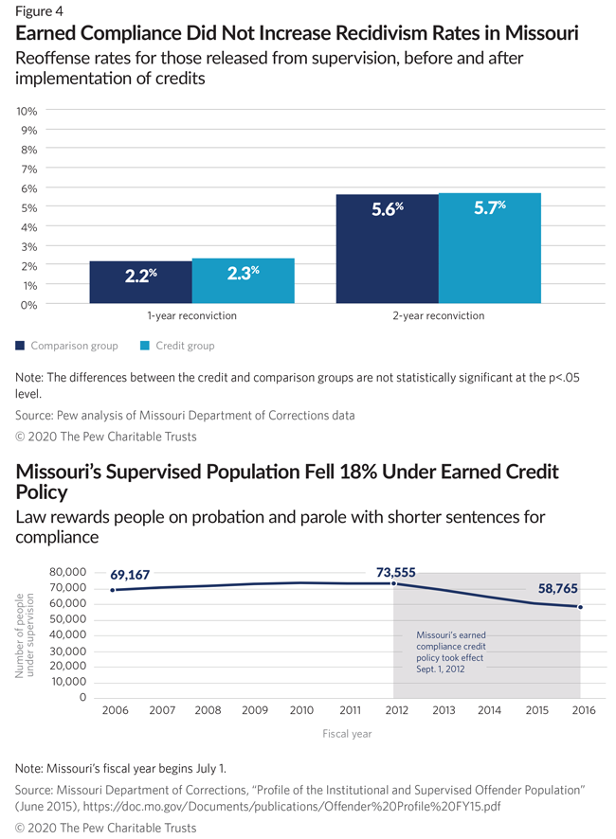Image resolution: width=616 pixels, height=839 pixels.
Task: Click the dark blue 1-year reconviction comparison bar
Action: coord(140,282)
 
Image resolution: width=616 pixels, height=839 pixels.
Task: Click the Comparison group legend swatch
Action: coord(21,346)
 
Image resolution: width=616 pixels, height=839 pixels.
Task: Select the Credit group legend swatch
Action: coord(144,346)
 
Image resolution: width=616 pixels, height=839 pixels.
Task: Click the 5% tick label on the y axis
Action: coord(28,207)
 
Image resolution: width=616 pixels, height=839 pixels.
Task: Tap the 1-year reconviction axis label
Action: coord(191,315)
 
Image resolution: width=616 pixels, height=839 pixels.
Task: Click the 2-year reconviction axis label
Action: coord(439,315)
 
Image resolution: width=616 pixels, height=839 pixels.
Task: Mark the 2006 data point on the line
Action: coord(114,590)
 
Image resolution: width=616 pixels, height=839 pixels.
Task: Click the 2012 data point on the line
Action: coord(394,583)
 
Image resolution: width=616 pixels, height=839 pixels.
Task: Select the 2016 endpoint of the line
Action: coord(580,607)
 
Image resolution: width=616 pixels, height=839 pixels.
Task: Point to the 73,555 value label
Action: coord(396,572)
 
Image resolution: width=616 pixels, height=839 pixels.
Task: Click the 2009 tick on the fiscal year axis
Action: coord(254,710)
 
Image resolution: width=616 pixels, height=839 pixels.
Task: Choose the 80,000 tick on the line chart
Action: coord(68,572)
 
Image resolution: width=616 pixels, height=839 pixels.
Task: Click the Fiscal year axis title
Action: coord(346,733)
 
